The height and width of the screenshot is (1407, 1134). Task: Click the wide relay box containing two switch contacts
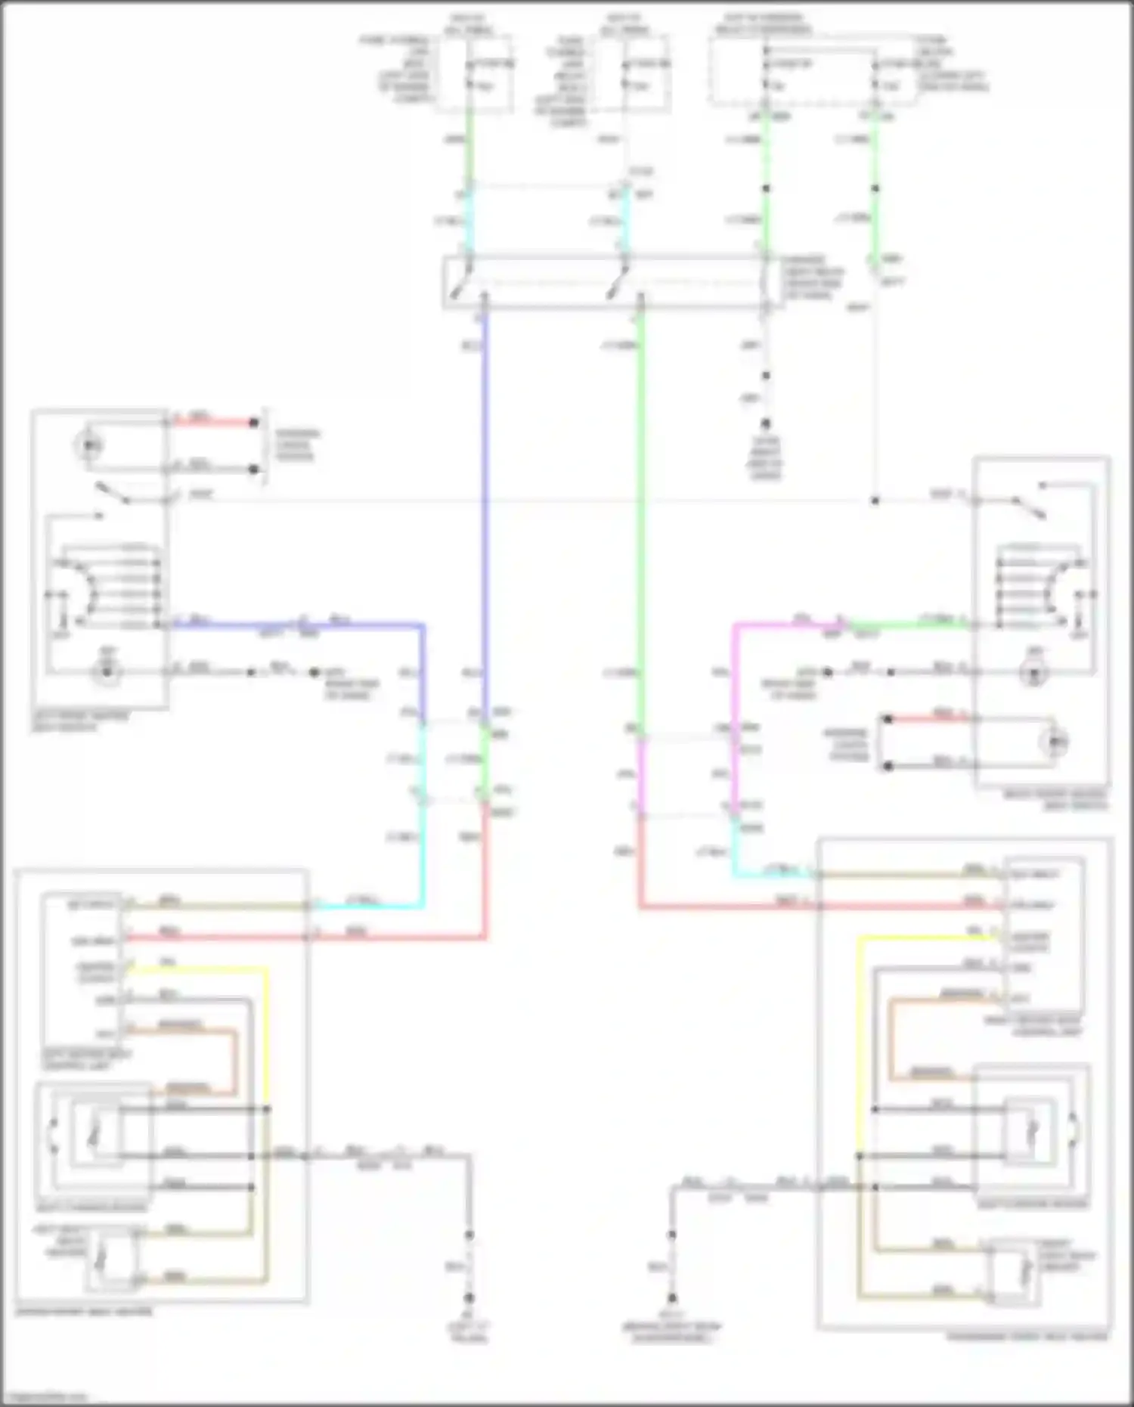click(x=605, y=282)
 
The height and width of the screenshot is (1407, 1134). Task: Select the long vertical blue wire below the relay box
click(x=485, y=491)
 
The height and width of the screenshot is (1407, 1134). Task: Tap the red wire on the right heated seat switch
click(x=930, y=719)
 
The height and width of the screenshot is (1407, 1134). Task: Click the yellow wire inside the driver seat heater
click(x=267, y=1036)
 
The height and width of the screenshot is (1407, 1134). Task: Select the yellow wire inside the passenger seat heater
click(x=859, y=1043)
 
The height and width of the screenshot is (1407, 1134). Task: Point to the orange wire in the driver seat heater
click(x=234, y=1058)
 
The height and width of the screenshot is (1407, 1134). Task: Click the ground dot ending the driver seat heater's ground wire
click(x=469, y=1297)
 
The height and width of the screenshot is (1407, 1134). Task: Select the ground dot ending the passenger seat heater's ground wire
click(x=671, y=1297)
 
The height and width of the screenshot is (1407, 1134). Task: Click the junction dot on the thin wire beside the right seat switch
click(x=875, y=501)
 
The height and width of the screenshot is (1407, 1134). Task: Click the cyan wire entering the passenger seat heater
click(x=771, y=875)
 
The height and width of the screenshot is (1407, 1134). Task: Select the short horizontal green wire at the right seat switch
click(x=907, y=624)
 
